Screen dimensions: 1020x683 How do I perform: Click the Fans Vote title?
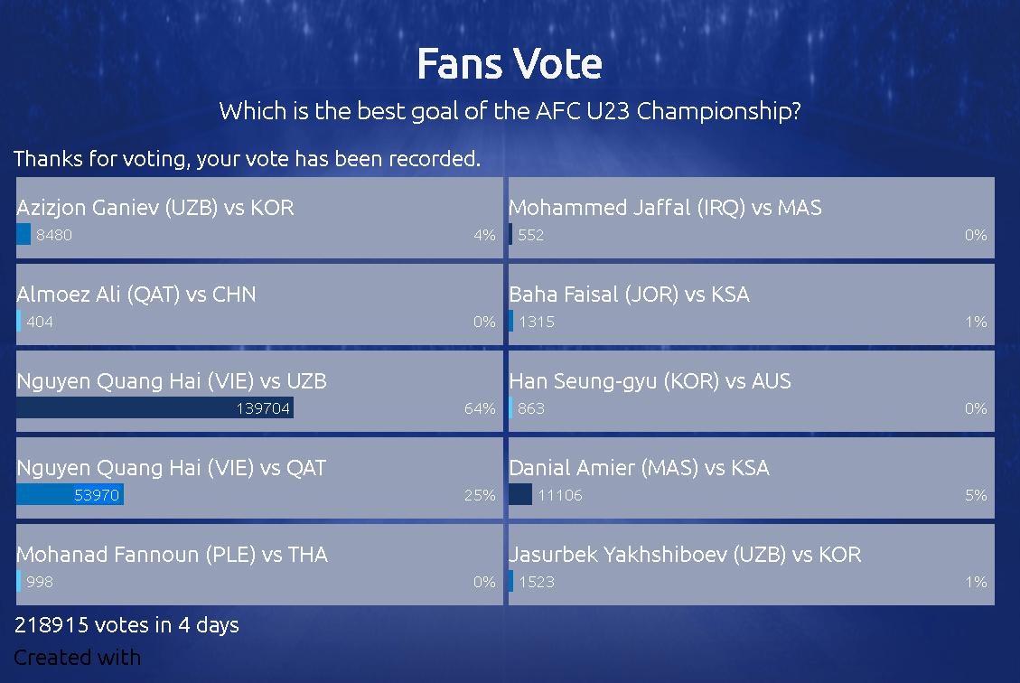(x=510, y=64)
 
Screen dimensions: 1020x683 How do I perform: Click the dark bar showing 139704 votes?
(x=154, y=407)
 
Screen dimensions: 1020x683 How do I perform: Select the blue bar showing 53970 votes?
(x=70, y=494)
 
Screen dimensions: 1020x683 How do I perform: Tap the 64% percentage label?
(x=480, y=408)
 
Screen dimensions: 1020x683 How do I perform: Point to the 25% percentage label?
(x=480, y=495)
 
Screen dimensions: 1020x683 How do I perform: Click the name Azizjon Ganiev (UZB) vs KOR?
(x=155, y=208)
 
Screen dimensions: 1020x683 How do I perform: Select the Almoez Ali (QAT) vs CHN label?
(x=136, y=294)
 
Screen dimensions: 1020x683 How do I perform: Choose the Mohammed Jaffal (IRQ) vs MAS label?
(x=665, y=208)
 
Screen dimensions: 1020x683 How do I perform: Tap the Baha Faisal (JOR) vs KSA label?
(x=629, y=294)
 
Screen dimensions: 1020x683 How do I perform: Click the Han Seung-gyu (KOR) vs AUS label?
(x=650, y=381)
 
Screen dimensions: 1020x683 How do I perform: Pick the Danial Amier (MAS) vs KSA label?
(x=639, y=468)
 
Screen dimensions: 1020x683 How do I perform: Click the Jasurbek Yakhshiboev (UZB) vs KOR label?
(x=685, y=554)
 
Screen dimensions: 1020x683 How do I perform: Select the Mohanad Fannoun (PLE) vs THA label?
(x=172, y=554)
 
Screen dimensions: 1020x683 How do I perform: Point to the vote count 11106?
(x=560, y=495)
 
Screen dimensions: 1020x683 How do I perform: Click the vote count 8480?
(x=54, y=235)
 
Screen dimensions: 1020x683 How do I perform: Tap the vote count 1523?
(x=537, y=582)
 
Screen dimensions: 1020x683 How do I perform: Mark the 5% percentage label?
(x=976, y=495)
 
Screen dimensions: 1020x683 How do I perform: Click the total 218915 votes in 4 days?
(x=126, y=625)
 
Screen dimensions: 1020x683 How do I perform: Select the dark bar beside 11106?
(x=520, y=494)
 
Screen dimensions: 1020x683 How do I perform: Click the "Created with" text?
(x=78, y=658)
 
